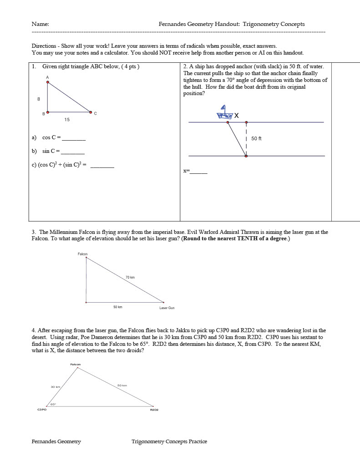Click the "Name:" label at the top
[40, 24]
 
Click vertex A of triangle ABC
[47, 82]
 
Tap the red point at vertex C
[91, 112]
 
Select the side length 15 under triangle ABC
[67, 120]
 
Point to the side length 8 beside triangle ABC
[39, 99]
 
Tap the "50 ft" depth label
[256, 138]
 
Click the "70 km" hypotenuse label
[130, 277]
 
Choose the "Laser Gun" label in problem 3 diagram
[167, 308]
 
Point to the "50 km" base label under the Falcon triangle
[117, 307]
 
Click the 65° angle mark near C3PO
[53, 404]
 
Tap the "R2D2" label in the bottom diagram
[154, 410]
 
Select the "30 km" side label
[55, 387]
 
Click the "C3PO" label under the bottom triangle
[42, 410]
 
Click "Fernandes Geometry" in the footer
[56, 441]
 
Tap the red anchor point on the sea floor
[246, 156]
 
